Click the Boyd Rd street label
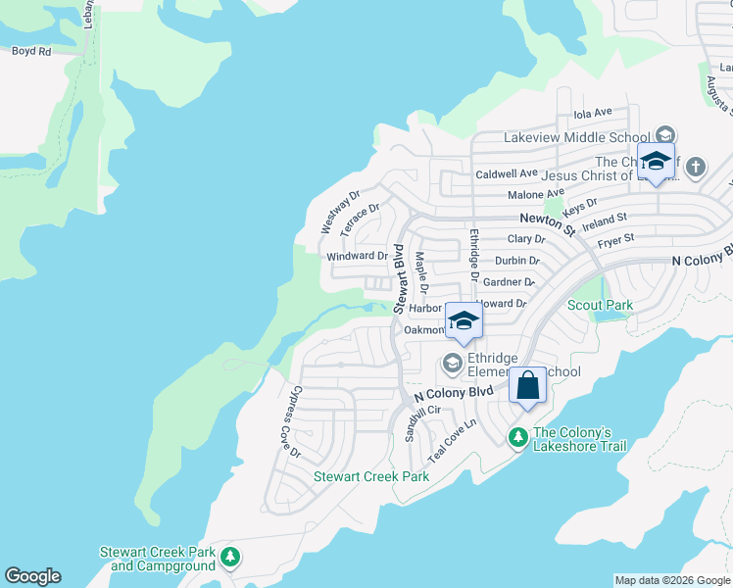(30, 51)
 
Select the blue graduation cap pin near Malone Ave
(655, 162)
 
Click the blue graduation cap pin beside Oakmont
(464, 320)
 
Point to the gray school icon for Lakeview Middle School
(665, 136)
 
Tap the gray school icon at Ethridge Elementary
(452, 364)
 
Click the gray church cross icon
(696, 166)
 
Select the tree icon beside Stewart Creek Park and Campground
(230, 558)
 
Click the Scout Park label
(600, 305)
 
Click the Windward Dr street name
(358, 256)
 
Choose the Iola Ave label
(592, 114)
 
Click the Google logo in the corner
(32, 576)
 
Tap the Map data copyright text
(672, 580)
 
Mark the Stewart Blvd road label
(399, 278)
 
